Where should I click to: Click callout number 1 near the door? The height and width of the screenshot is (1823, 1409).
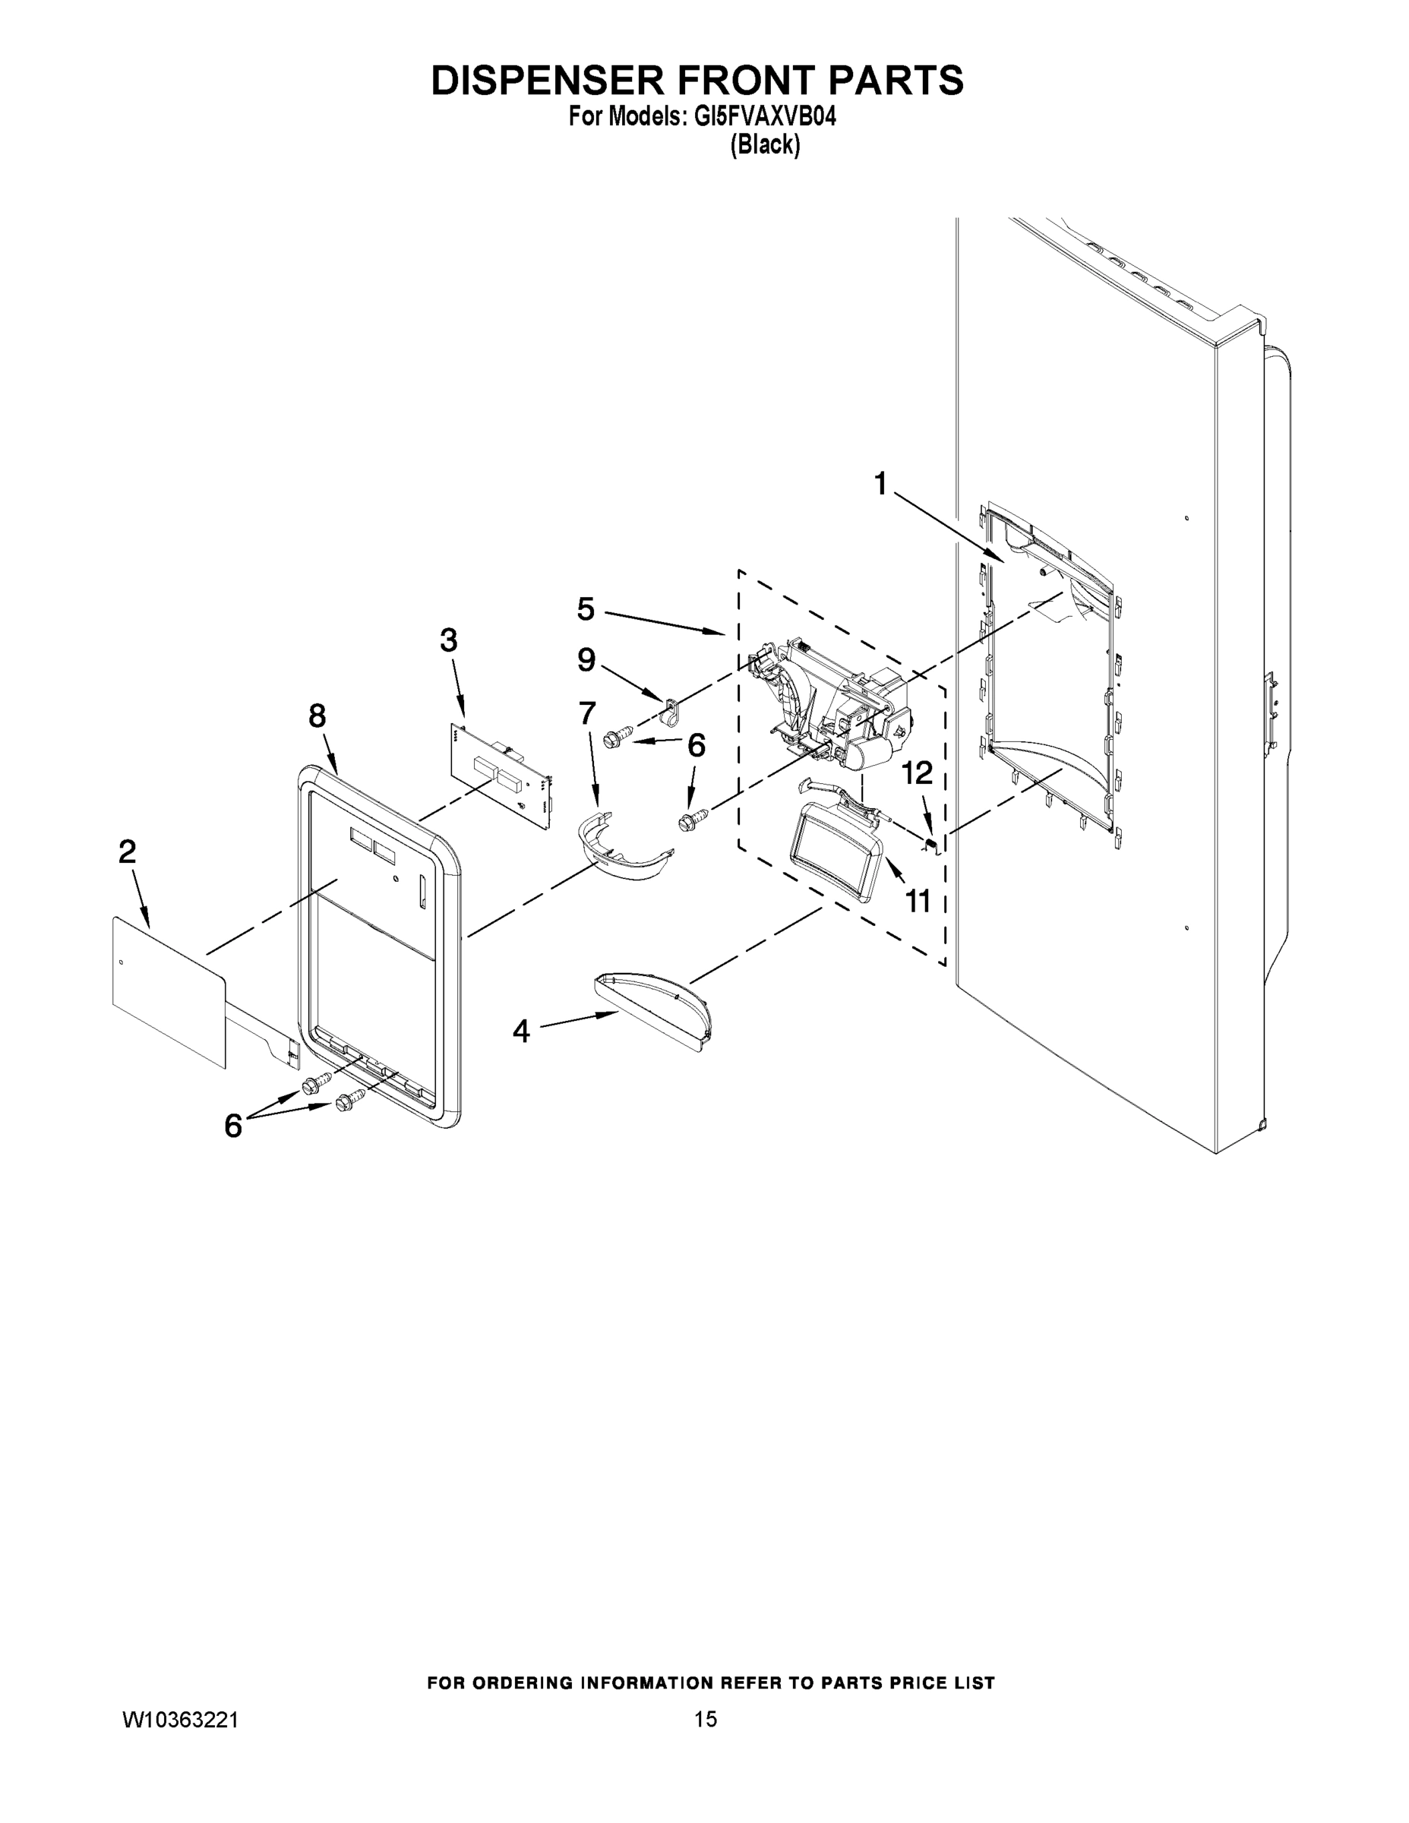(880, 483)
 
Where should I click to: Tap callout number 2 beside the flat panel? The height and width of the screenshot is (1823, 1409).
(127, 851)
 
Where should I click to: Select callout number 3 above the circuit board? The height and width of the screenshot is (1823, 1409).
(448, 641)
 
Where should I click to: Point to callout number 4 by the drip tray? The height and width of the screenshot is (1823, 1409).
(521, 1032)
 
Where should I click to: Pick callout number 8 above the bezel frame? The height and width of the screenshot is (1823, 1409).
(317, 716)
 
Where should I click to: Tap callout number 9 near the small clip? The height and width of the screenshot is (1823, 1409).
(587, 660)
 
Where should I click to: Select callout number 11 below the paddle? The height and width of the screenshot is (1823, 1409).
(918, 901)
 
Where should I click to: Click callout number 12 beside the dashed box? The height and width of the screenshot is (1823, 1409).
(918, 773)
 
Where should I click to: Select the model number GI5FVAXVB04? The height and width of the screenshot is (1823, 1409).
(765, 118)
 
